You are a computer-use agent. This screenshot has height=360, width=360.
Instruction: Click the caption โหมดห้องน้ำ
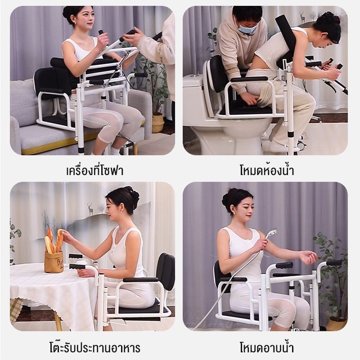pos(267,171)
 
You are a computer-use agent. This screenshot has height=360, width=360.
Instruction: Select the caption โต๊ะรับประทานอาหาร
pos(94,348)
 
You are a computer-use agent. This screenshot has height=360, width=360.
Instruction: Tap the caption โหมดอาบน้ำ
pos(267,348)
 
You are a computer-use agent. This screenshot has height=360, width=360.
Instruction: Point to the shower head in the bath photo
pos(271,234)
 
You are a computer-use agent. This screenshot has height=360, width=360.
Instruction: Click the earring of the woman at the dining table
pos(121,210)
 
